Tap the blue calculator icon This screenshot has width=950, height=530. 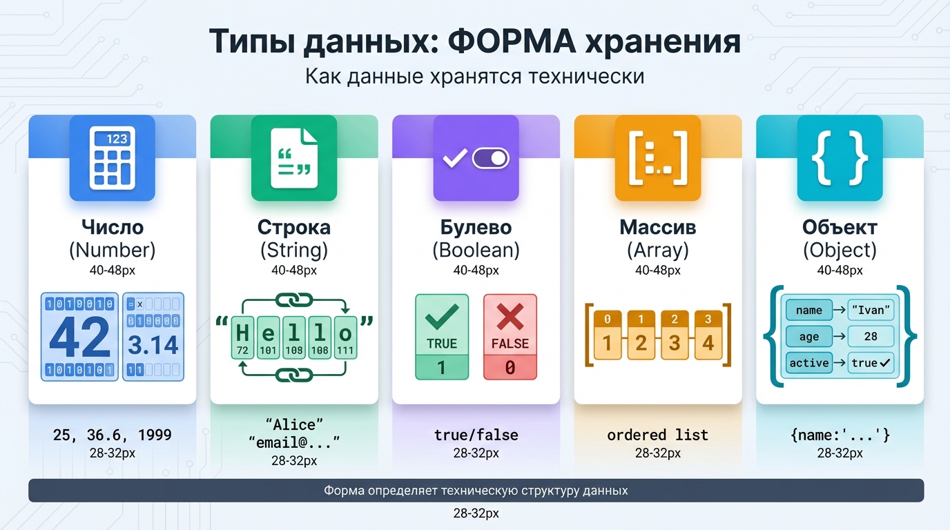113,159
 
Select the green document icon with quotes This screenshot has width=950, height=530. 294,159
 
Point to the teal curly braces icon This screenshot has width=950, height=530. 840,159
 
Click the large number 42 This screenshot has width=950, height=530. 80,337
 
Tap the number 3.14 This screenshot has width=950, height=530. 153,344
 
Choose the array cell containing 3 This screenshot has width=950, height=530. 675,343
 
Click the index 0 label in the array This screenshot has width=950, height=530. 608,320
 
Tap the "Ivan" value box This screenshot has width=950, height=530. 871,310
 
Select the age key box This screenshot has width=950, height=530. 808,337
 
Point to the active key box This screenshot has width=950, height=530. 808,363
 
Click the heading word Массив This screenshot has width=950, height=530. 657,227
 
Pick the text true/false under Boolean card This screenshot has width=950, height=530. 476,435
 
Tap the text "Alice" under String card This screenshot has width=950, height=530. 294,423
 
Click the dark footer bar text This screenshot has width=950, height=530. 476,491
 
